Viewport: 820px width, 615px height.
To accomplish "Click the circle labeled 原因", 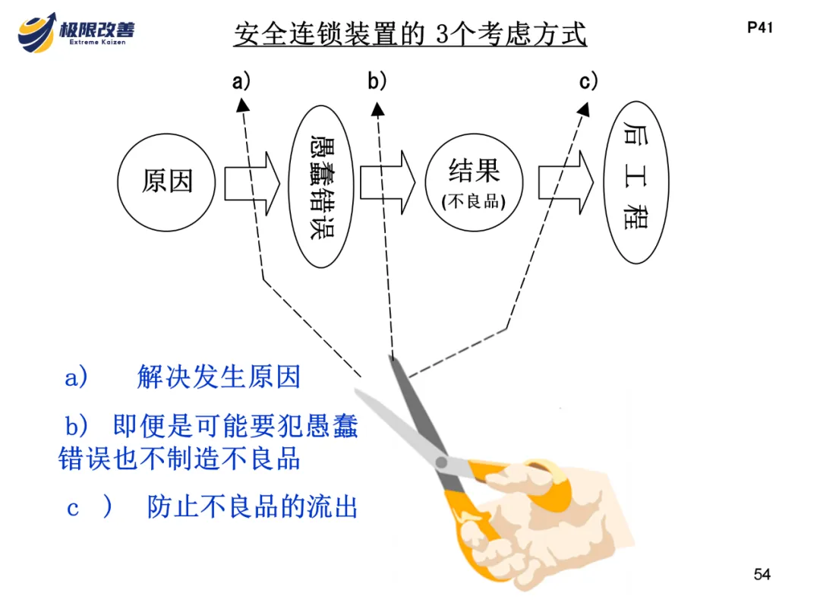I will pyautogui.click(x=167, y=181).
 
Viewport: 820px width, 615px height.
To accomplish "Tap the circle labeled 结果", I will pyautogui.click(x=475, y=182).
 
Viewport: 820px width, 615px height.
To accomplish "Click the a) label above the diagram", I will pyautogui.click(x=241, y=80).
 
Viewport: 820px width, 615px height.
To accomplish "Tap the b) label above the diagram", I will pyautogui.click(x=377, y=80).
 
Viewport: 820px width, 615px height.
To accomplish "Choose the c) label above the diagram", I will pyautogui.click(x=588, y=80).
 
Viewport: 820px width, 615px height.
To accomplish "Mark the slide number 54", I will pyautogui.click(x=762, y=575).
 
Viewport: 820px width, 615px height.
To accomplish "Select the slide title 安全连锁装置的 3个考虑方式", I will pyautogui.click(x=410, y=34).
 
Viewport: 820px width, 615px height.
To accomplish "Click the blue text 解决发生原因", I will pyautogui.click(x=219, y=377).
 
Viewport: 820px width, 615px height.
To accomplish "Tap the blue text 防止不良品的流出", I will pyautogui.click(x=252, y=507).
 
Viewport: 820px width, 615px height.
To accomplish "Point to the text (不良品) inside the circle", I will pyautogui.click(x=475, y=203).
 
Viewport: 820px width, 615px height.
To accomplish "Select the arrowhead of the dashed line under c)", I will pyautogui.click(x=583, y=111).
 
